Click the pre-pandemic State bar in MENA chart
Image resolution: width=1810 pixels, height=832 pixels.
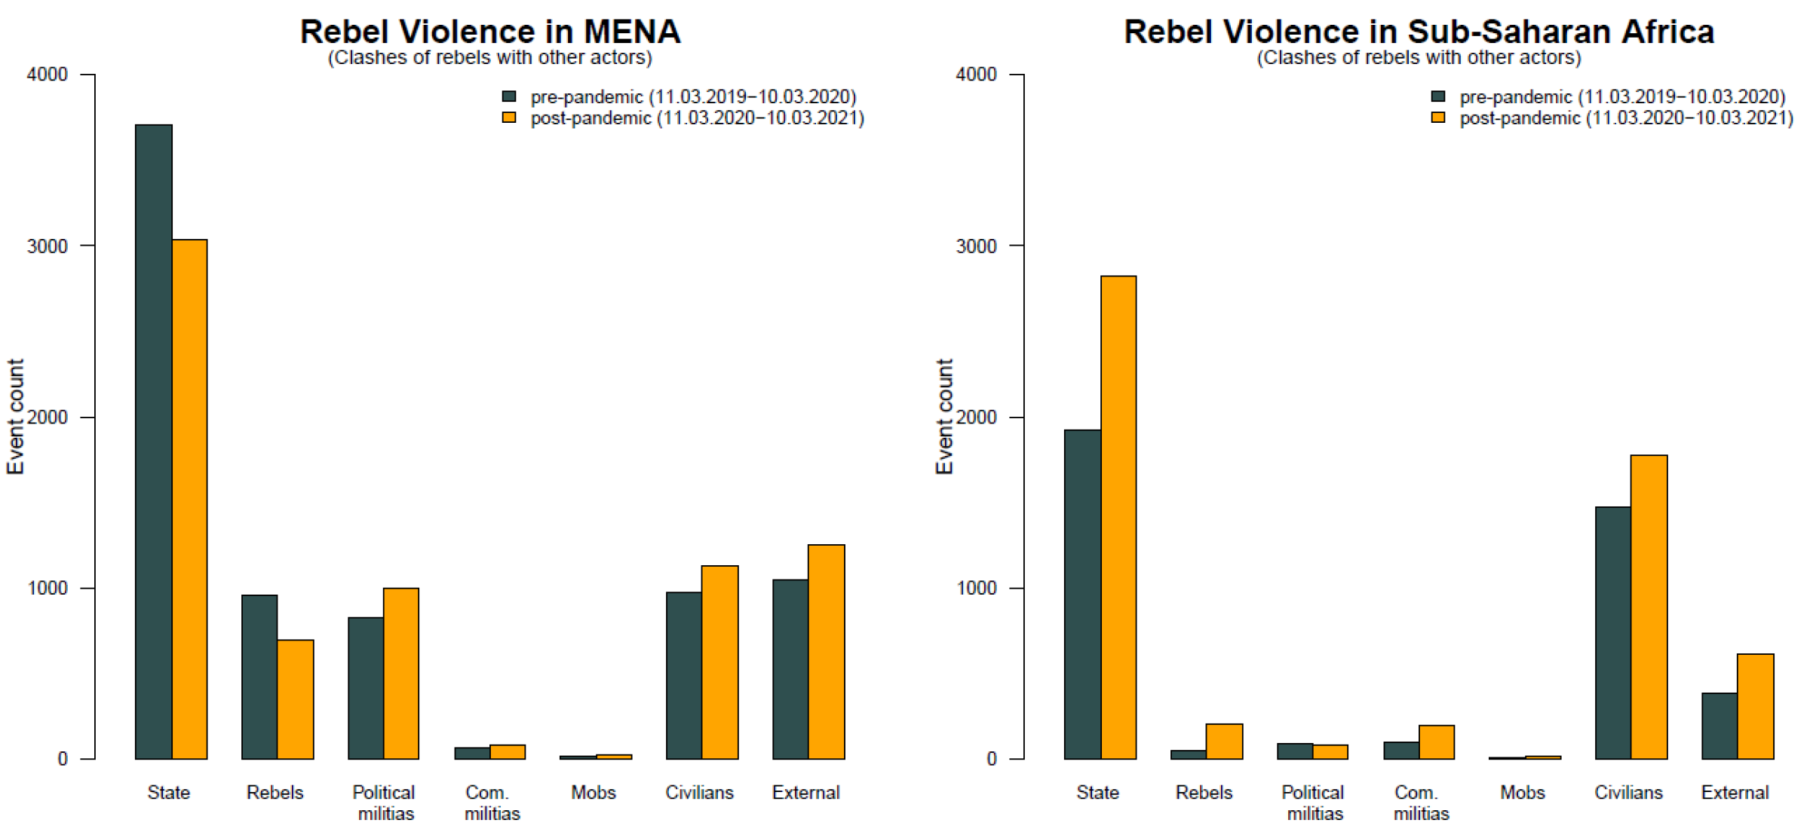154,442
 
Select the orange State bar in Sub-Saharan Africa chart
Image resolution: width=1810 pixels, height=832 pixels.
1118,517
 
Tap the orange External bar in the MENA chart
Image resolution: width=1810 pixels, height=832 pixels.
826,651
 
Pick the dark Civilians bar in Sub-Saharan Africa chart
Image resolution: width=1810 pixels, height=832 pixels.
1613,632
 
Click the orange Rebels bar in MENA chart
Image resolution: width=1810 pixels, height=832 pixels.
295,699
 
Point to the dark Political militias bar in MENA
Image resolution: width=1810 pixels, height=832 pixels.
366,687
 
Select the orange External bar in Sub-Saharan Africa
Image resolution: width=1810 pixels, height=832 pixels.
1755,705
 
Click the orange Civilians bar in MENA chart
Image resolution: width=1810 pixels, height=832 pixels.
719,662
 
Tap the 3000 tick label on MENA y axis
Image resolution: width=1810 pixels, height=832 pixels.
47,246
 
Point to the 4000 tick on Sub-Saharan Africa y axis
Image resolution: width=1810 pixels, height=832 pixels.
976,75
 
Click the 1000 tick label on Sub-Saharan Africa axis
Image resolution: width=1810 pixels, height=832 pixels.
976,589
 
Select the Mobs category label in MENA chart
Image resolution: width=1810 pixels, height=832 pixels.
594,792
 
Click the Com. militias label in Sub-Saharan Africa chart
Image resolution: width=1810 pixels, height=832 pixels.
1421,803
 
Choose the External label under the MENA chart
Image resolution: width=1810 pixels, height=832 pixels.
805,792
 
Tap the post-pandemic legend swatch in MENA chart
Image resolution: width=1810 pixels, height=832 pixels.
509,118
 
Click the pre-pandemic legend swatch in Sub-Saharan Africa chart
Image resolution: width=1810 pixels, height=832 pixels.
1438,96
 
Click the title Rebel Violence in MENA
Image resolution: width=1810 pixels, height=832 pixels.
490,32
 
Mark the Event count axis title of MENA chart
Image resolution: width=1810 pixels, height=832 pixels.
15,416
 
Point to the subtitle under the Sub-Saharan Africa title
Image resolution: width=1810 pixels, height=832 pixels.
1419,57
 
